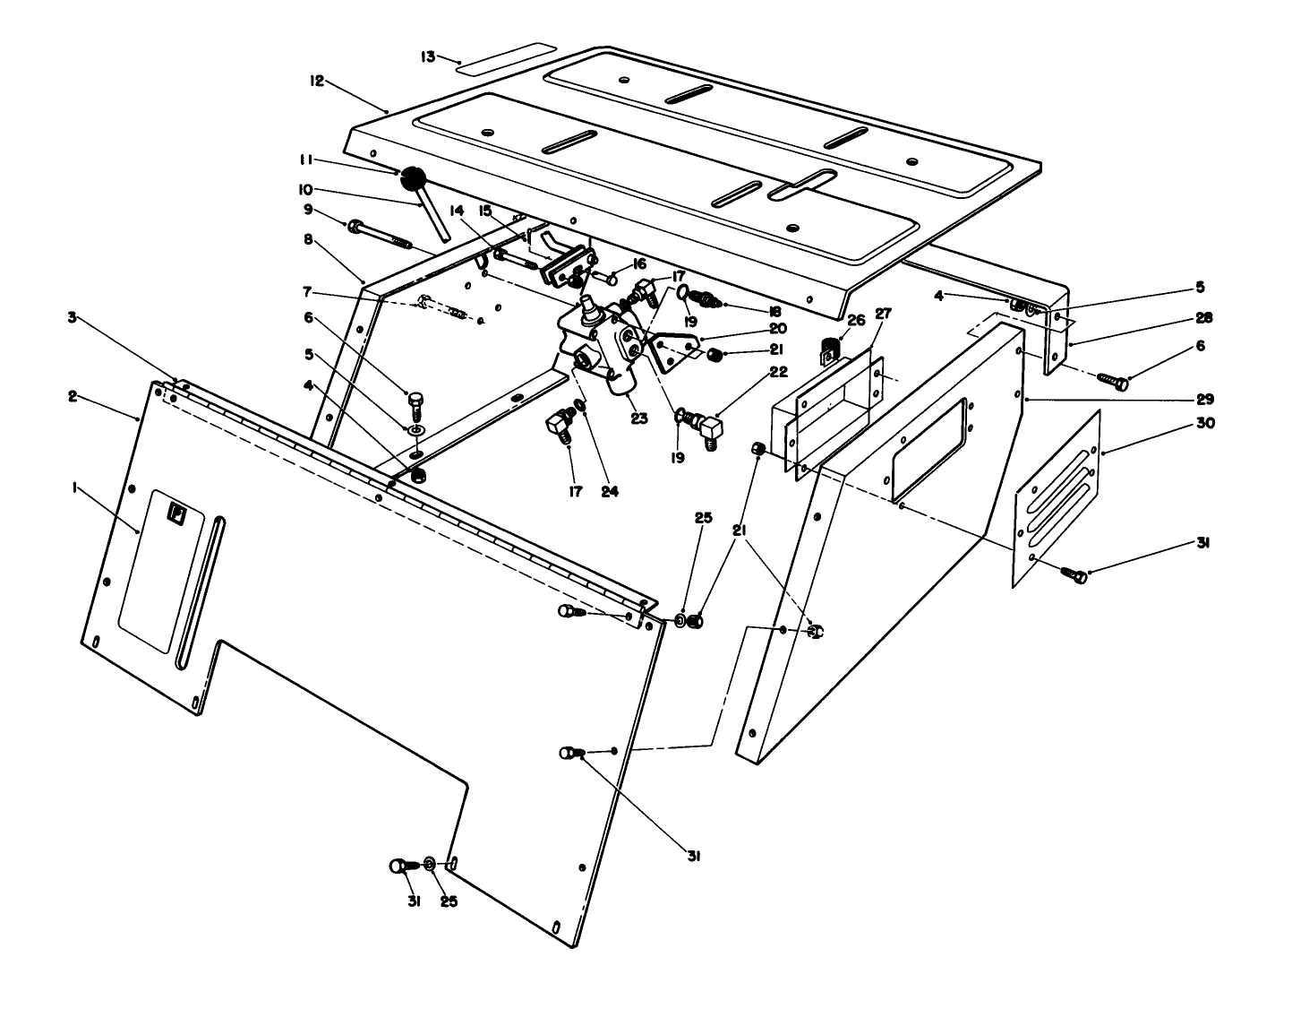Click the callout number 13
(x=428, y=56)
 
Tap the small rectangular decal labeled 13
(x=506, y=57)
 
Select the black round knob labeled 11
(x=414, y=178)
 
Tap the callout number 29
(x=1205, y=398)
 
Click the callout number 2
(x=73, y=395)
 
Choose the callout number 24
(x=610, y=490)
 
